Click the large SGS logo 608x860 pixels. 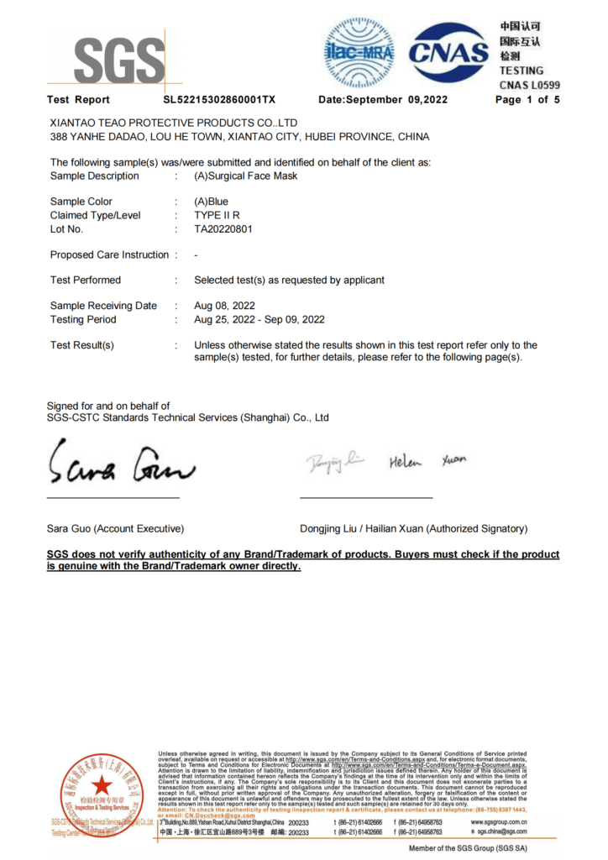pyautogui.click(x=118, y=60)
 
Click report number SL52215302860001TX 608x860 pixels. pyautogui.click(x=219, y=100)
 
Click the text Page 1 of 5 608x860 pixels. pyautogui.click(x=527, y=100)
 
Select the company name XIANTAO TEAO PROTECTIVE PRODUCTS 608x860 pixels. pyautogui.click(x=174, y=123)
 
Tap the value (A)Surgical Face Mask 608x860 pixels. pyautogui.click(x=245, y=176)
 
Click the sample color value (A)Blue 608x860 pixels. pyautogui.click(x=211, y=202)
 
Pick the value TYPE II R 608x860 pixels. pyautogui.click(x=218, y=215)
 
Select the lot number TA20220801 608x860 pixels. pyautogui.click(x=223, y=228)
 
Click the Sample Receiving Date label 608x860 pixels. pyautogui.click(x=103, y=306)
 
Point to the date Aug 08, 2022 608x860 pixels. pyautogui.click(x=224, y=306)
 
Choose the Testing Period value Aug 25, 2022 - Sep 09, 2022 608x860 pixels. pyautogui.click(x=259, y=319)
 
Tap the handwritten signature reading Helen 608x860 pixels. pyautogui.click(x=406, y=461)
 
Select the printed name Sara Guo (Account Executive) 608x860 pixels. pyautogui.click(x=115, y=528)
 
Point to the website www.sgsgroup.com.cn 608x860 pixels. pyautogui.click(x=499, y=821)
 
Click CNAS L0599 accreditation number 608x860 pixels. pyautogui.click(x=529, y=84)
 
